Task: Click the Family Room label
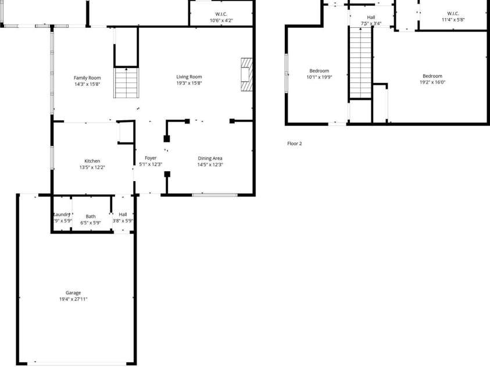tap(87, 77)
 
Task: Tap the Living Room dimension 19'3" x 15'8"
tap(189, 83)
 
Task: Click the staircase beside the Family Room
tap(126, 83)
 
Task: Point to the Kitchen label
tap(92, 161)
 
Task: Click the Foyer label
tap(151, 158)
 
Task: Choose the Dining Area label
tap(210, 158)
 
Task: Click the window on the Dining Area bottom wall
tap(214, 195)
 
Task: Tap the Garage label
tap(73, 293)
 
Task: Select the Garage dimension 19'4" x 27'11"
tap(73, 299)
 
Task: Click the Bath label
tap(91, 216)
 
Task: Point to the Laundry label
tap(62, 215)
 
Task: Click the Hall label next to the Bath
tap(123, 214)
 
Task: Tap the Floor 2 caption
tap(295, 143)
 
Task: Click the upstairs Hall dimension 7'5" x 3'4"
tap(371, 24)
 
